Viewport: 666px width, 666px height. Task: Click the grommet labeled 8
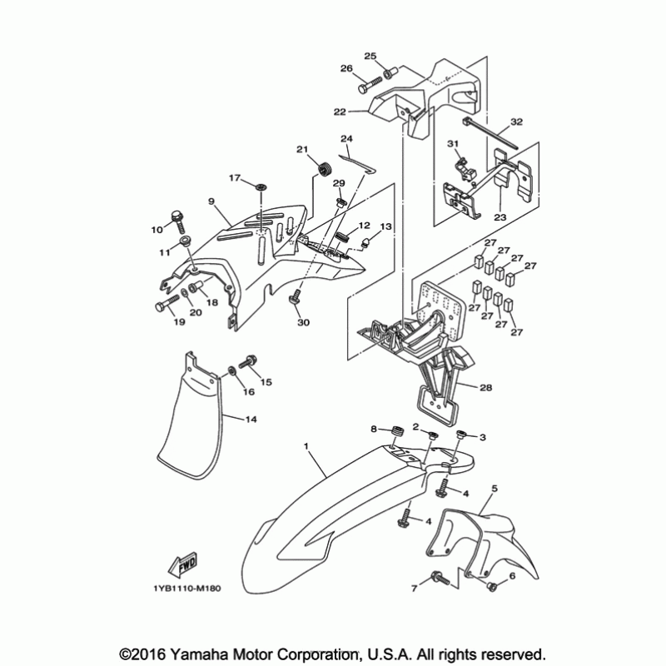(396, 432)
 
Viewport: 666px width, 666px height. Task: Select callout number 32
(516, 122)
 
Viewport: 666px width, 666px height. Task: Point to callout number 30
(302, 322)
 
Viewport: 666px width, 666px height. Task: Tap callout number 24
(346, 138)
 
